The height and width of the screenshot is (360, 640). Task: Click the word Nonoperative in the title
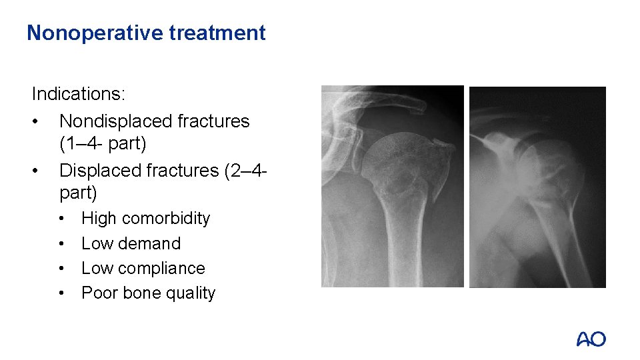pyautogui.click(x=95, y=33)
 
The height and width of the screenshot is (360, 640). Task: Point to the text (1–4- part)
pyautogui.click(x=103, y=144)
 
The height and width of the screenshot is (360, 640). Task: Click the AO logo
pyautogui.click(x=591, y=339)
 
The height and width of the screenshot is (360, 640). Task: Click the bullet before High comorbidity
pyautogui.click(x=61, y=219)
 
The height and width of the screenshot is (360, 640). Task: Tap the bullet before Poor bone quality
pyautogui.click(x=61, y=293)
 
